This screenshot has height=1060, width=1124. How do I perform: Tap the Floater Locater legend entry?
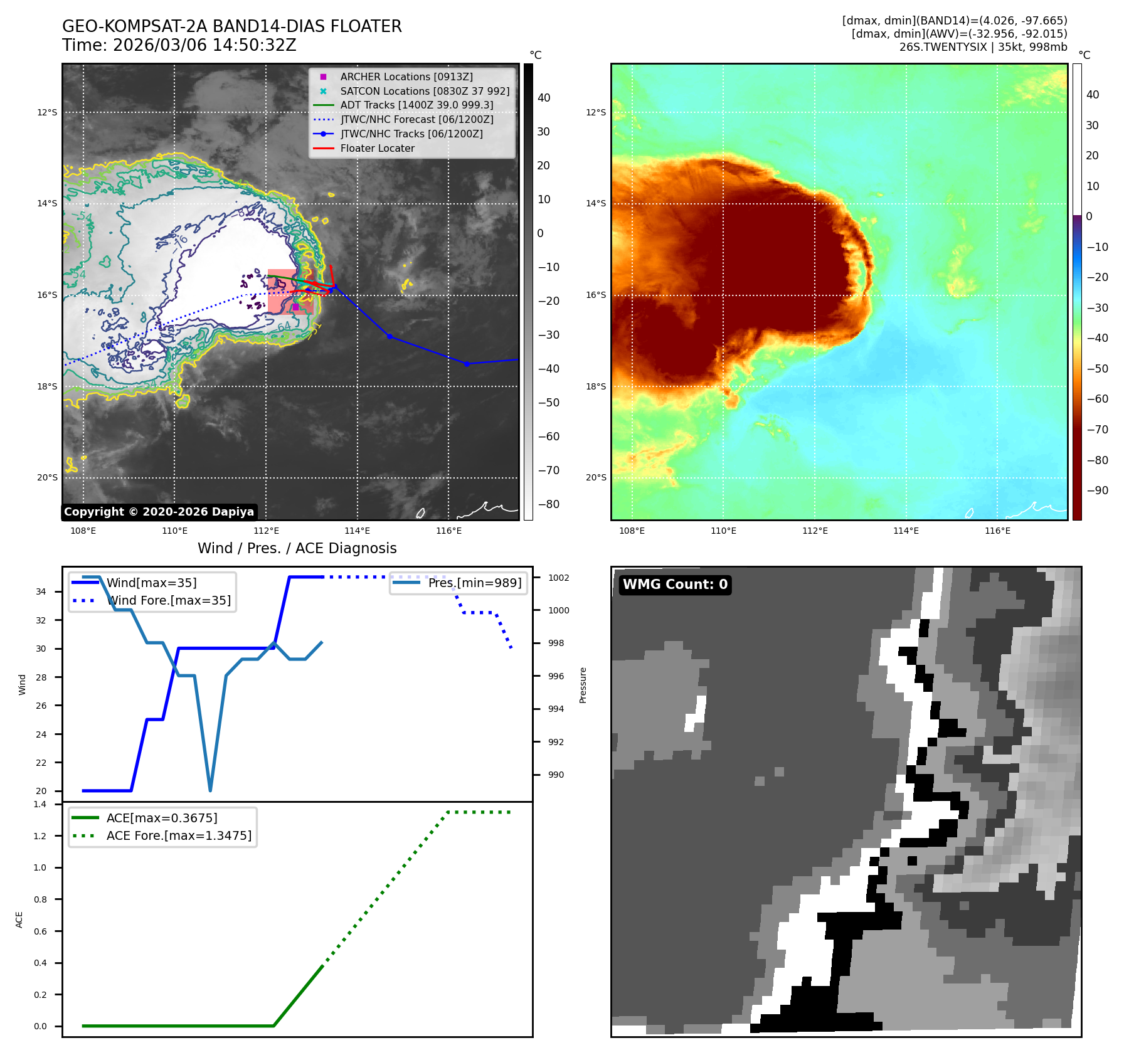[364, 149]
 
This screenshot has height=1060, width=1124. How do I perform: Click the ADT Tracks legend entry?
[403, 105]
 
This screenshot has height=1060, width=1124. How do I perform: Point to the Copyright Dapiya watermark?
[159, 512]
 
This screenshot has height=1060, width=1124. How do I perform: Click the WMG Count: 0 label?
[675, 585]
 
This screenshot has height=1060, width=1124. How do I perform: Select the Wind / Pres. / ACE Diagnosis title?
[297, 548]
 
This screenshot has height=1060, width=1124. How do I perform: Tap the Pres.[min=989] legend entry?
[458, 583]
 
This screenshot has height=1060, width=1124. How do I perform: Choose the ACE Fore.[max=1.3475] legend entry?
[162, 835]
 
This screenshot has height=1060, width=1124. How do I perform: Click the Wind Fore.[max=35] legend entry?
[151, 600]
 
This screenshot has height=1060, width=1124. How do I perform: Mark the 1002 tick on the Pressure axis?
[558, 578]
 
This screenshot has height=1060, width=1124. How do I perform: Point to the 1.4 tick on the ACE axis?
[40, 804]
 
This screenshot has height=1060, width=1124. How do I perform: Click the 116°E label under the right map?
[998, 531]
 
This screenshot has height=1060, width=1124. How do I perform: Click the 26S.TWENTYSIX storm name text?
[943, 47]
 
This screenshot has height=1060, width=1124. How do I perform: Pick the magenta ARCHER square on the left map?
[296, 307]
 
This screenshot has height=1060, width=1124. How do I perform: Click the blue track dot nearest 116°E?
[467, 364]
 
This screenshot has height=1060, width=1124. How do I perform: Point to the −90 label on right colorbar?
[1098, 490]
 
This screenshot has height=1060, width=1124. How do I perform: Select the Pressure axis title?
[583, 685]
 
